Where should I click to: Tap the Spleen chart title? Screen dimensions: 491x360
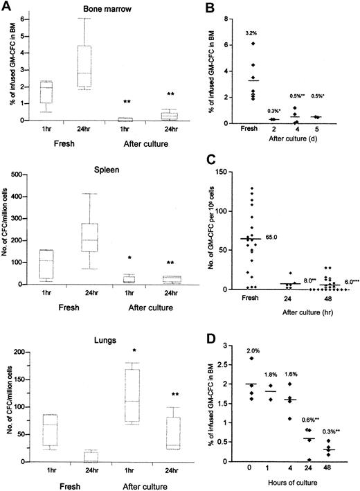pos(103,168)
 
